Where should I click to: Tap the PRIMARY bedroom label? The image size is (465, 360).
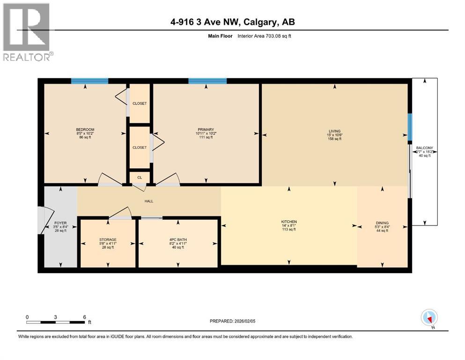pos(206,129)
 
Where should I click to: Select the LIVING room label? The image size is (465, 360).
pos(334,131)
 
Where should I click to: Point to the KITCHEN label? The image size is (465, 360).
pos(289,222)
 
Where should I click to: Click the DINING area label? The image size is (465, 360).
pos(382,223)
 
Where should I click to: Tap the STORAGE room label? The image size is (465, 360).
pos(108,240)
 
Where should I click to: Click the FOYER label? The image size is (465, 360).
pos(60,223)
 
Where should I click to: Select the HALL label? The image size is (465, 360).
pos(149,201)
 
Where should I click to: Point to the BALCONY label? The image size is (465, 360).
pos(425,148)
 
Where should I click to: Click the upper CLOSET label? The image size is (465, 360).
pos(139,103)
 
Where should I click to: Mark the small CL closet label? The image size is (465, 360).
pos(139,178)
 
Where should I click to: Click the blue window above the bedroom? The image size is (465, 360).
pos(89,81)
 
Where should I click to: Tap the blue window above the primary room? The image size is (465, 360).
pos(207,81)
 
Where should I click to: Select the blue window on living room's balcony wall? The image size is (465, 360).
pos(409,127)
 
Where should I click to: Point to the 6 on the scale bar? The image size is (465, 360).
pos(84,317)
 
